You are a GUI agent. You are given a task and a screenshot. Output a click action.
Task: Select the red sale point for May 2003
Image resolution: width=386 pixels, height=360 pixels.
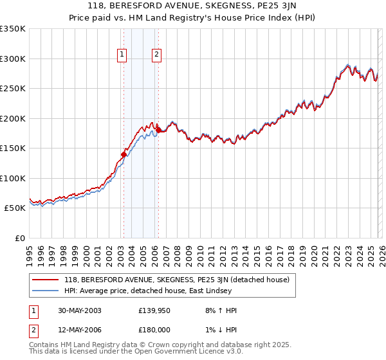124,154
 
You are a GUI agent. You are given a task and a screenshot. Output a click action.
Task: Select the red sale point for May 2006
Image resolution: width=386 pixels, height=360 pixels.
158,130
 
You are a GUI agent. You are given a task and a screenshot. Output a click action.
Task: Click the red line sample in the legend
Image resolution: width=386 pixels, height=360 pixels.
46,280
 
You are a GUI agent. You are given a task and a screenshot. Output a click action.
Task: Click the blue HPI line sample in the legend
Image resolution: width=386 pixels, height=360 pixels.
46,291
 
